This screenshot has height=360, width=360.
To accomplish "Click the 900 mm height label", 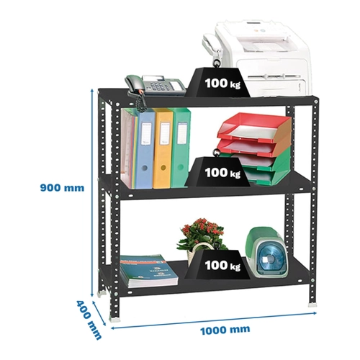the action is tap(62, 188).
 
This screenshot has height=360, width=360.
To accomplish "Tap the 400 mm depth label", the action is tap(89, 320).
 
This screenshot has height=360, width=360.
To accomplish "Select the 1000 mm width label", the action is tap(225, 330).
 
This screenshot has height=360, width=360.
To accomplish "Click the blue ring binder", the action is tap(145, 149).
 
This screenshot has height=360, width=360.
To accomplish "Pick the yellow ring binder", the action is tap(163, 148).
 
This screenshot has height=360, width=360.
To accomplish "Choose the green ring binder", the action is tap(181, 147).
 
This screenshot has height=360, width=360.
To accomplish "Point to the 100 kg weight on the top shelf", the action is tap(217, 81).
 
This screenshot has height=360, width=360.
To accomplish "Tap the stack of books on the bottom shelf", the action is tap(149, 271).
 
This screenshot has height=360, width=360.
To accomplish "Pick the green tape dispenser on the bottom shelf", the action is tap(267, 253).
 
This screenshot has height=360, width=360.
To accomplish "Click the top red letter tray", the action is tap(255, 127).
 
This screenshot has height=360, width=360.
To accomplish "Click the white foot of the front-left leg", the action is tap(114, 319).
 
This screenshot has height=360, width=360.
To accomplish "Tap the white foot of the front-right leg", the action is tap(312, 305).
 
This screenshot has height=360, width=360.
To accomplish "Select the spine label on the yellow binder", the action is tap(165, 134).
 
